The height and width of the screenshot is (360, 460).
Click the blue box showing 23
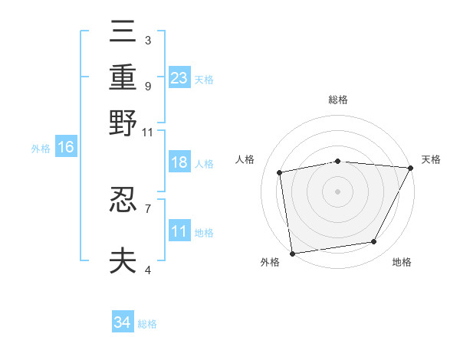point(179,78)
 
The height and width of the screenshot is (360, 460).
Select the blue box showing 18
point(179,162)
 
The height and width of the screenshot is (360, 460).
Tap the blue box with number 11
point(179,231)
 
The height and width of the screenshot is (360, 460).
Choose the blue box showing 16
point(66,147)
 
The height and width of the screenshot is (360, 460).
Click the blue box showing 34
point(123,322)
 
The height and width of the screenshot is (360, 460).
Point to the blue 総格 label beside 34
point(147,324)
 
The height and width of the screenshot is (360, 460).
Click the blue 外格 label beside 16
point(40,148)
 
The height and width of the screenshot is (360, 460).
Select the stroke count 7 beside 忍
point(147,208)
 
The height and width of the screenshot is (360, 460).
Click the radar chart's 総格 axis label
point(338,100)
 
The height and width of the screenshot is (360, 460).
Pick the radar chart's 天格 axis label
point(431,159)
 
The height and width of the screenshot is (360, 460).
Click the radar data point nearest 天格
point(410,168)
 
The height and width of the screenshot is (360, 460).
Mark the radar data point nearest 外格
point(292,253)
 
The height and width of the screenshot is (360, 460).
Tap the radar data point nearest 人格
point(280,172)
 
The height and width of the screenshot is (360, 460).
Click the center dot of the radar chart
point(337,191)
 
